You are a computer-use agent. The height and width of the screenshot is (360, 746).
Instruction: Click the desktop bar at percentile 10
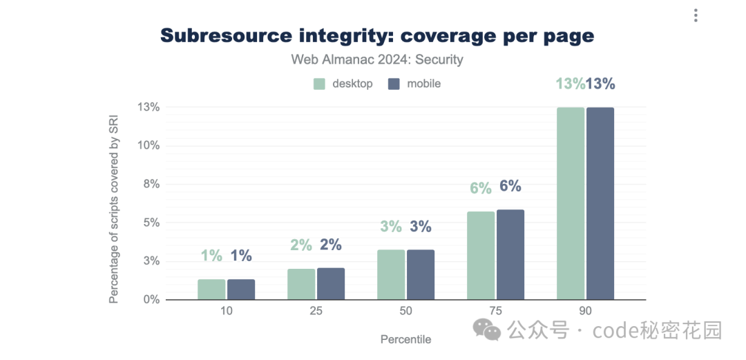coord(211,289)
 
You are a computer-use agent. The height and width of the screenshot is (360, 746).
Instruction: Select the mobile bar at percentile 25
coord(331,283)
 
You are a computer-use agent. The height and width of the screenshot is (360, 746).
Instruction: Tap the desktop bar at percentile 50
coord(391,274)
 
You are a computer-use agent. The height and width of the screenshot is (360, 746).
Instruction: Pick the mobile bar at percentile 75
coord(510,254)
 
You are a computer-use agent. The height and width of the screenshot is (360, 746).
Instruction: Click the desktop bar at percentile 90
coord(571,203)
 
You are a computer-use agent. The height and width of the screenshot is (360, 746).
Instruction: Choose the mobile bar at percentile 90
coord(600,203)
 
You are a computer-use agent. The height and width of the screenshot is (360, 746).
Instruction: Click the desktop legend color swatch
coord(319,84)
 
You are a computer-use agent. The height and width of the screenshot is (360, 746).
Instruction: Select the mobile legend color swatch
coord(394,84)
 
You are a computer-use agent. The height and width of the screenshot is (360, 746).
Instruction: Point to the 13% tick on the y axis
coord(149,107)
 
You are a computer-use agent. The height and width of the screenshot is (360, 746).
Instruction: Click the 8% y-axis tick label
coord(151,184)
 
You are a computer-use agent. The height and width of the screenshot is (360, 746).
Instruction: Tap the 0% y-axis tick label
coord(151,299)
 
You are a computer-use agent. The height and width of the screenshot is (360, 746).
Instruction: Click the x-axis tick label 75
coord(495,311)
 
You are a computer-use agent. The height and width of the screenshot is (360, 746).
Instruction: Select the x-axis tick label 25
coord(316,311)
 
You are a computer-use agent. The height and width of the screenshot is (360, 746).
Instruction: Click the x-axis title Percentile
coord(405,339)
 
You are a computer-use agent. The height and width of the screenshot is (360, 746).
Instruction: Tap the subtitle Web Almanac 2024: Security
coord(377,59)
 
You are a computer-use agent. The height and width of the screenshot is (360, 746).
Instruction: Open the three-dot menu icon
coord(696,15)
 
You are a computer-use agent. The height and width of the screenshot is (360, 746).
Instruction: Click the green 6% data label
coord(481,187)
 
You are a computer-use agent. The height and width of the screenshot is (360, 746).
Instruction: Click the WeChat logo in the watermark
coord(492,330)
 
